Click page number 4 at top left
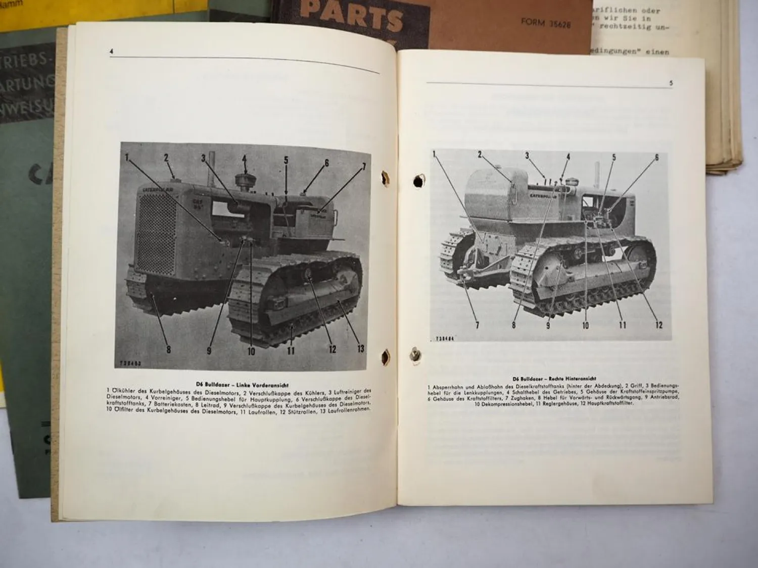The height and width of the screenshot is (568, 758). click(111, 51)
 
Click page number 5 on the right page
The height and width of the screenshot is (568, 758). click(671, 83)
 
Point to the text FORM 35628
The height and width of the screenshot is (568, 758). click(546, 23)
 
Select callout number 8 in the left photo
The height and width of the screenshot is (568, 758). click(168, 349)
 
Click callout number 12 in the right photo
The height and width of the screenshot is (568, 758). click(659, 325)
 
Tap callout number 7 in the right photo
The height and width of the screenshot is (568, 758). click(477, 325)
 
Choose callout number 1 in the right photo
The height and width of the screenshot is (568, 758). click(434, 154)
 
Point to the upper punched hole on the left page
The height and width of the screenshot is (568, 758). click(385, 178)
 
